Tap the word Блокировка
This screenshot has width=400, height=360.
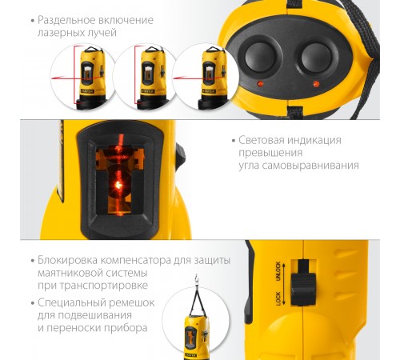pyautogui.click(x=67, y=260)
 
